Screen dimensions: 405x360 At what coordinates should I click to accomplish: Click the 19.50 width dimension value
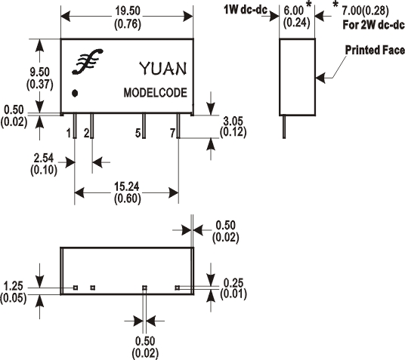(128, 11)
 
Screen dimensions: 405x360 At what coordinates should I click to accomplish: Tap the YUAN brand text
(162, 69)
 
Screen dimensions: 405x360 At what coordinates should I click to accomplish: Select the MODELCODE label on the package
(155, 93)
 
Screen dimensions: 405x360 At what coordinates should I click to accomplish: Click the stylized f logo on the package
(88, 61)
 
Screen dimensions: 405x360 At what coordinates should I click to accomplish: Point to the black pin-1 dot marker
(75, 93)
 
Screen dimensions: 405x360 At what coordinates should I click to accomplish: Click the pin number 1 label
(69, 134)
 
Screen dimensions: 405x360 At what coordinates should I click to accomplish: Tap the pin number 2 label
(87, 134)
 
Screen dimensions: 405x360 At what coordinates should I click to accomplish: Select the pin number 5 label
(138, 134)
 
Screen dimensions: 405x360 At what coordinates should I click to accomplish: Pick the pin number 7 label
(173, 134)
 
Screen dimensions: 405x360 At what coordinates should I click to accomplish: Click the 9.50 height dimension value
(39, 72)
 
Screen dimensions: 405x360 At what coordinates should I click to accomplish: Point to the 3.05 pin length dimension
(233, 121)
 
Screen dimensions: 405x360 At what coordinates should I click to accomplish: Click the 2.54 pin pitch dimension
(43, 158)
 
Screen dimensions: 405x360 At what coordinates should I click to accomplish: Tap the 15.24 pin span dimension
(128, 186)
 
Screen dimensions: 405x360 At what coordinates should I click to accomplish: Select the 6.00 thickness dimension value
(294, 11)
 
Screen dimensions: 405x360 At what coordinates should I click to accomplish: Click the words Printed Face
(375, 50)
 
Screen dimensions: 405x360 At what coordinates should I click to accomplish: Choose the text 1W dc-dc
(246, 10)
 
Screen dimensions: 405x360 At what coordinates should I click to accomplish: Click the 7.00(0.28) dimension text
(365, 11)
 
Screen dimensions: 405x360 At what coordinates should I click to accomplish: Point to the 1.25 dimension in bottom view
(14, 286)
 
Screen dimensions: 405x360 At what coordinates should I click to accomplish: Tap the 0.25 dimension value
(233, 283)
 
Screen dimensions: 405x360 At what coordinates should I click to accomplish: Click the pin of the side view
(284, 127)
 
